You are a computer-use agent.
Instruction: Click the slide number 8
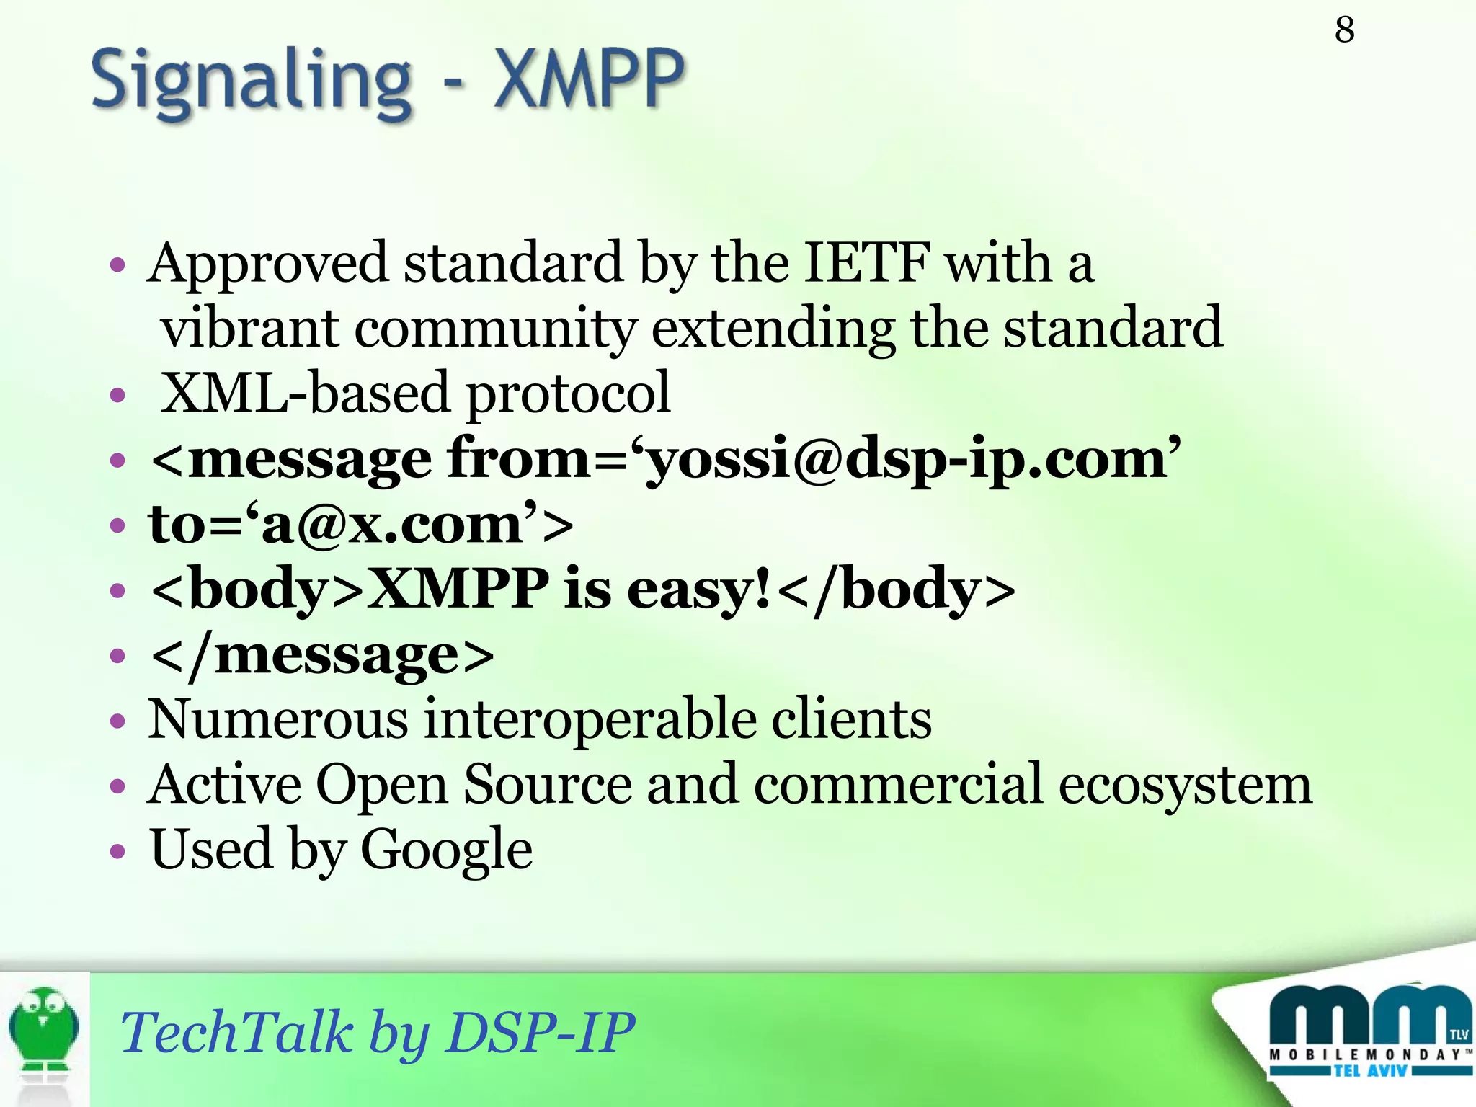tap(1344, 30)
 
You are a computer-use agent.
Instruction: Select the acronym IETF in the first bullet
tap(866, 263)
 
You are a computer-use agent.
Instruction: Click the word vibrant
tap(249, 328)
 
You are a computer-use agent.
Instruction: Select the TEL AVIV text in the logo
tap(1369, 1071)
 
